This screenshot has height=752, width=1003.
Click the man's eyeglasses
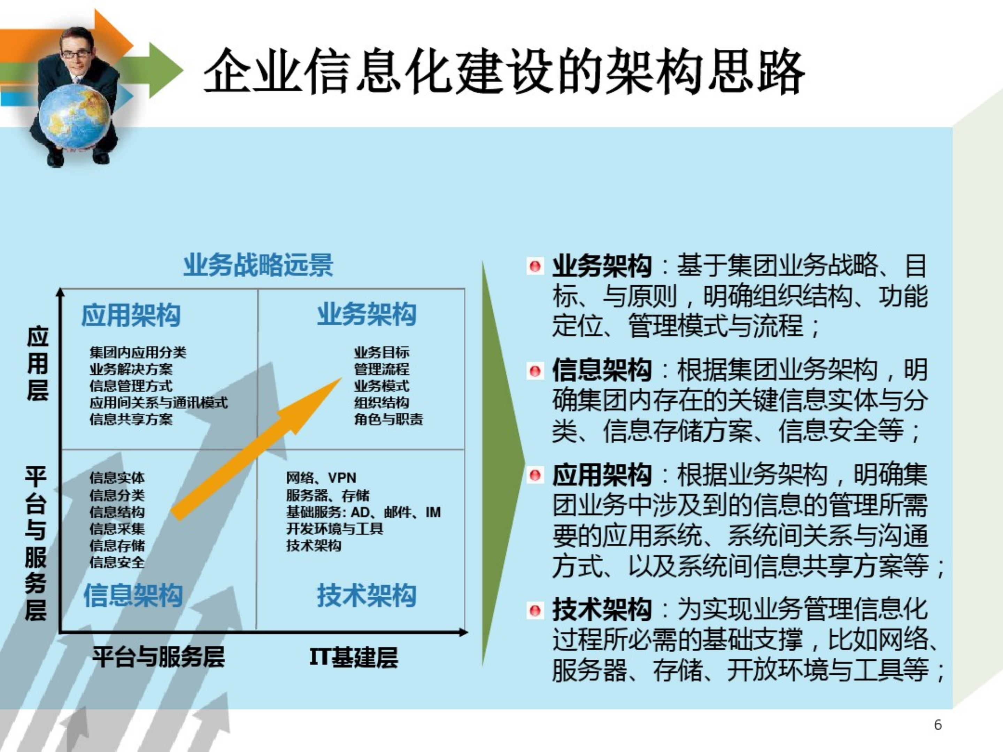pyautogui.click(x=76, y=54)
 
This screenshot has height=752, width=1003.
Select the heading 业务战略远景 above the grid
pyautogui.click(x=258, y=265)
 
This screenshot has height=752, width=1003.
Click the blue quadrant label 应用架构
pyautogui.click(x=131, y=315)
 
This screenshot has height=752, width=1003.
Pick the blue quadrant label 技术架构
pyautogui.click(x=367, y=595)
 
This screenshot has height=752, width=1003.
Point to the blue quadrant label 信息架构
pyautogui.click(x=133, y=595)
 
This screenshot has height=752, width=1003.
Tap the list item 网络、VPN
pyautogui.click(x=321, y=478)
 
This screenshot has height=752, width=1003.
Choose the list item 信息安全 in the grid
pyautogui.click(x=117, y=562)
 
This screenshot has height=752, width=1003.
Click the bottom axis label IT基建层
pyautogui.click(x=354, y=657)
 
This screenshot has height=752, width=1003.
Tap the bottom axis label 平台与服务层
pyautogui.click(x=159, y=657)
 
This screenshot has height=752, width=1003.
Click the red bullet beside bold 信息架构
pyautogui.click(x=535, y=372)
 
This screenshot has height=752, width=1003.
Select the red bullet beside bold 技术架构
pyautogui.click(x=535, y=611)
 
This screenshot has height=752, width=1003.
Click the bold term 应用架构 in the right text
pyautogui.click(x=602, y=475)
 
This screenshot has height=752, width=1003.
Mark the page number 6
pyautogui.click(x=938, y=724)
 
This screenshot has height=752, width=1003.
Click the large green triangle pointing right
pyautogui.click(x=499, y=462)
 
